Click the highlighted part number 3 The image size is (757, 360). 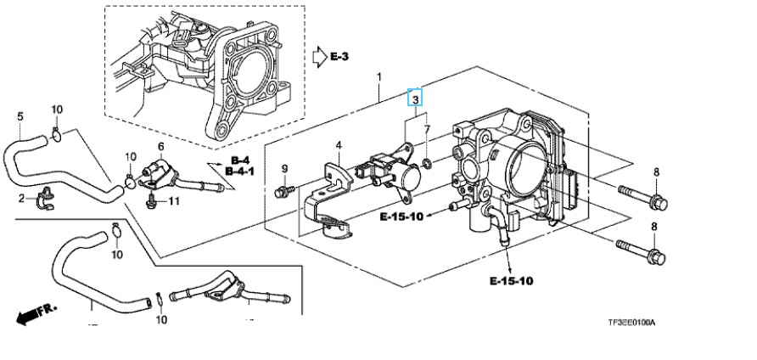(415, 98)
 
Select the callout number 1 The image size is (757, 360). (379, 76)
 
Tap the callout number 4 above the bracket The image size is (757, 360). (339, 144)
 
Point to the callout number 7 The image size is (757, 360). (427, 130)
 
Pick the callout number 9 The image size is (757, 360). (284, 169)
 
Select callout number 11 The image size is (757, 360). (174, 200)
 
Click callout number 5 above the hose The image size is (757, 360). (20, 116)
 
